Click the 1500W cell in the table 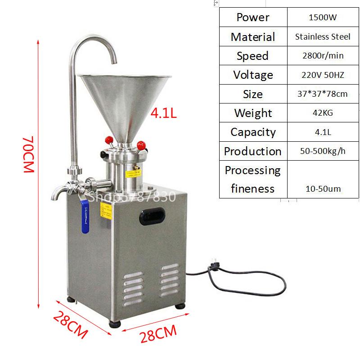tap(323, 17)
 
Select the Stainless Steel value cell tap(323, 37)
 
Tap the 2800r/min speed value tap(323, 55)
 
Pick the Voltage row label tap(253, 75)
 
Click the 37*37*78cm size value tap(322, 94)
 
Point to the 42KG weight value tap(323, 113)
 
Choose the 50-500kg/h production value tap(323, 151)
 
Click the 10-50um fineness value tap(323, 189)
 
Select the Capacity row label tap(253, 132)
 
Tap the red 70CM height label tap(29, 154)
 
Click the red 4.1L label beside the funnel tap(163, 113)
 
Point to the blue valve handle tap(85, 216)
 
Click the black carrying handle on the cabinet tap(152, 216)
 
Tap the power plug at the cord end tap(214, 265)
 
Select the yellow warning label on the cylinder tap(133, 173)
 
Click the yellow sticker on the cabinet tap(106, 211)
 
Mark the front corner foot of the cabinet tap(115, 324)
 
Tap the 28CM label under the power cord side tap(158, 333)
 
